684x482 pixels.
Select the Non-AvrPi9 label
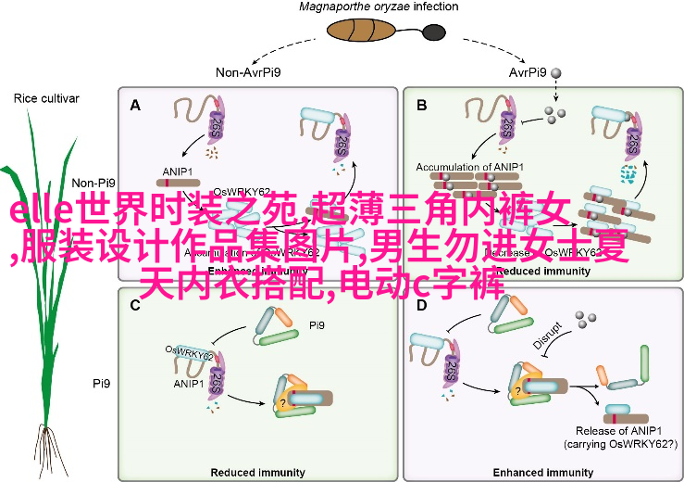[250, 71]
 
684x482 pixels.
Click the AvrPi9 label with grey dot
[532, 71]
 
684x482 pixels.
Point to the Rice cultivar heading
[46, 98]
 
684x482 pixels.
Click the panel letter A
[135, 105]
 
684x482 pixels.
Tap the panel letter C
[135, 303]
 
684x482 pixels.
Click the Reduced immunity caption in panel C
[259, 471]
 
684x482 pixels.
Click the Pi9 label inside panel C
[317, 326]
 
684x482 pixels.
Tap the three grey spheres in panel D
[584, 320]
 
